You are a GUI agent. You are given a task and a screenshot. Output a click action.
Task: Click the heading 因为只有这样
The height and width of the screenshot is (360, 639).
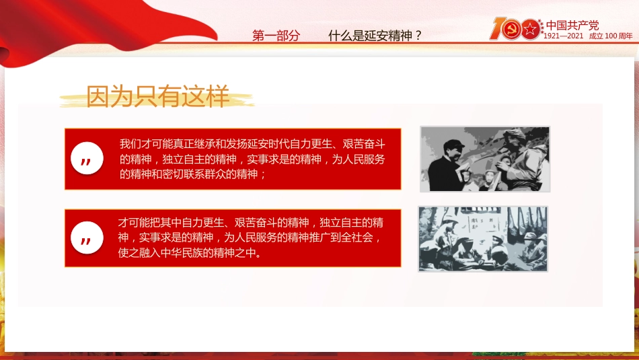click(157, 96)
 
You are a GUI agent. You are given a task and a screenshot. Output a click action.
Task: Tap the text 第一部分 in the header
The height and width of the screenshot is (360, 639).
click(276, 36)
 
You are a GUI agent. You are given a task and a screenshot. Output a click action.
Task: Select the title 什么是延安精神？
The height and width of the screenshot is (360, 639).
click(375, 36)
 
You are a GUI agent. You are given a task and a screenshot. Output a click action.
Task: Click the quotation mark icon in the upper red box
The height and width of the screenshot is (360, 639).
click(87, 159)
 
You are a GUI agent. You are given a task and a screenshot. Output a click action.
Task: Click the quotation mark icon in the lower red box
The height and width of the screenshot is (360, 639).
click(87, 238)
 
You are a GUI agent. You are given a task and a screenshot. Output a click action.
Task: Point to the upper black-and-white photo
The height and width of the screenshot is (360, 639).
click(484, 159)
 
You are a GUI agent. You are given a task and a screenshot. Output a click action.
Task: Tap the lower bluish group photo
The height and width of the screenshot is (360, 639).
click(483, 239)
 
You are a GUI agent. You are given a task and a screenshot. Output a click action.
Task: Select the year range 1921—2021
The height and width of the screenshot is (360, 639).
click(564, 36)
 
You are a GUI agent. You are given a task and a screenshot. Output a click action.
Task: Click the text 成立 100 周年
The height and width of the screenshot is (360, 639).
click(611, 36)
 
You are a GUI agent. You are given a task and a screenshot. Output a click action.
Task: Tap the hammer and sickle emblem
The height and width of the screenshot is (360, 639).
click(511, 30)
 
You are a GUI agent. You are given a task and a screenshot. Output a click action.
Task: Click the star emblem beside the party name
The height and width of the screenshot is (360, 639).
click(531, 30)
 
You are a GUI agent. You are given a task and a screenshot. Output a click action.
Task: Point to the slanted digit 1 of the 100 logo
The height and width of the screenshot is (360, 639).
click(496, 28)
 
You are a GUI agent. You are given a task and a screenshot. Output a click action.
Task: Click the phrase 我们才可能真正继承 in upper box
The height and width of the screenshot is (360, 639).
click(168, 144)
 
